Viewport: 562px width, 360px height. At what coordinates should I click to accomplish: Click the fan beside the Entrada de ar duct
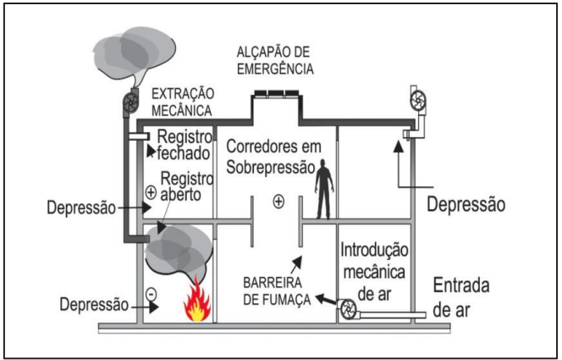click(349, 310)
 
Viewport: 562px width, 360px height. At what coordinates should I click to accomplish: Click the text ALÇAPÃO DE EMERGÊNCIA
click(274, 60)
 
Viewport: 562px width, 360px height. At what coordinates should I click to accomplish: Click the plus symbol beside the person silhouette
click(277, 202)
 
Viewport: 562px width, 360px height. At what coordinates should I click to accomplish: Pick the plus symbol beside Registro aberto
click(151, 192)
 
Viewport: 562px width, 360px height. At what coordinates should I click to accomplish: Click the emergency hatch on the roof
click(274, 93)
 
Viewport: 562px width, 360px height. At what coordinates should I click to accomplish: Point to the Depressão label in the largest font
click(466, 204)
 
